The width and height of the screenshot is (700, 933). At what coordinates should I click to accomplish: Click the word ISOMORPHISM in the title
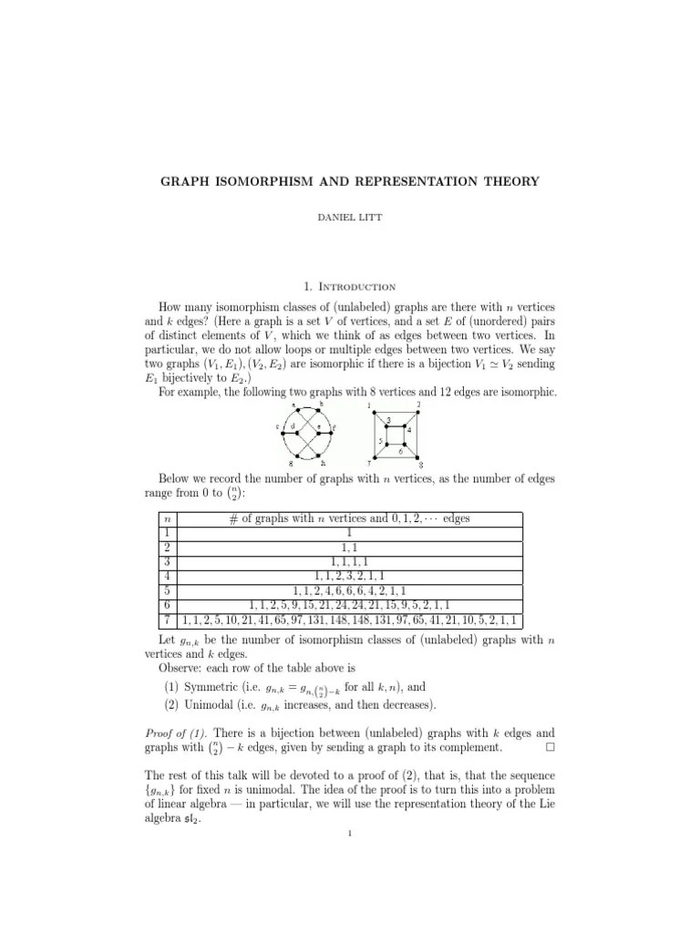(260, 181)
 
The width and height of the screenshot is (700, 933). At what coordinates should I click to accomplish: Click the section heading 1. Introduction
(350, 285)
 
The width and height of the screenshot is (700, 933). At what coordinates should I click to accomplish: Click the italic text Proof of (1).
(179, 733)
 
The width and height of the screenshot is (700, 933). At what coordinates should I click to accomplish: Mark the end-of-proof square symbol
(548, 748)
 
